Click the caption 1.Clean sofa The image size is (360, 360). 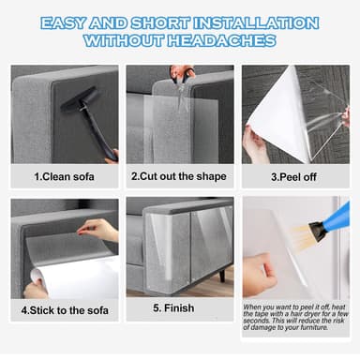[x=66, y=175]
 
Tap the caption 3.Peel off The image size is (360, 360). [x=295, y=175]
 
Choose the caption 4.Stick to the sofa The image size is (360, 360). [x=66, y=309]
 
